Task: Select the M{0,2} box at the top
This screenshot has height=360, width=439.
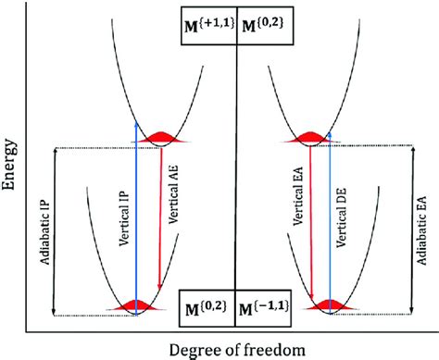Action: (267, 28)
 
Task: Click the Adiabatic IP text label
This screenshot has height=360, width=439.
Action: (41, 231)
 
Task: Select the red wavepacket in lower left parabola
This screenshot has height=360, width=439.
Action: (136, 304)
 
